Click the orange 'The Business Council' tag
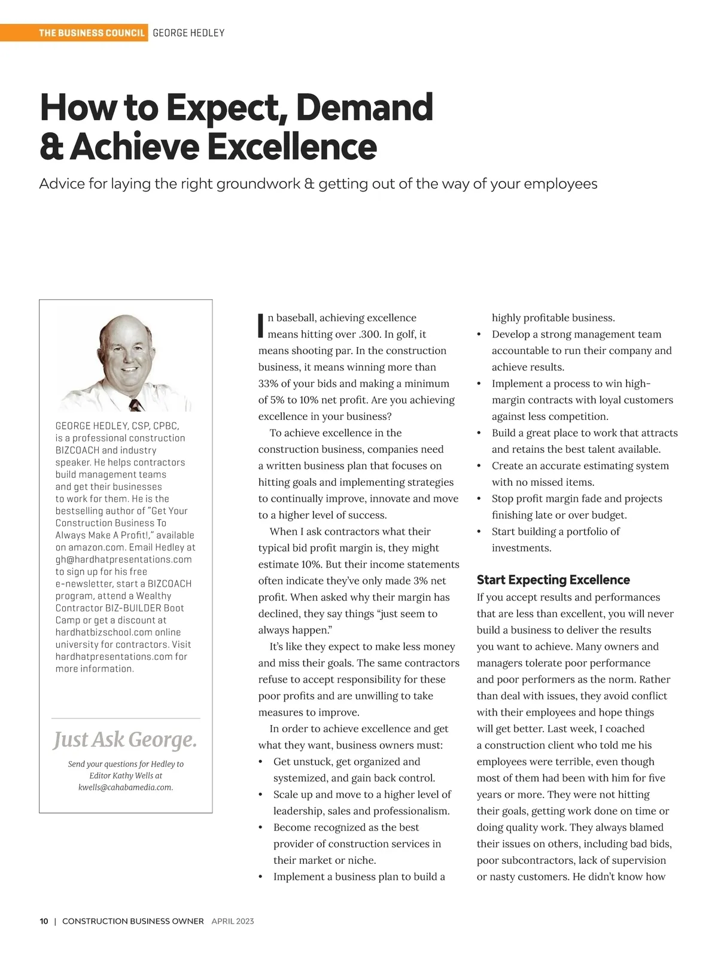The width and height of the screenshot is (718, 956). coord(92,33)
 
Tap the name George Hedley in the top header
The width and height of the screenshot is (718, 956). coord(188,33)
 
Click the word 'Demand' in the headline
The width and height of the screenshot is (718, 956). coord(364,108)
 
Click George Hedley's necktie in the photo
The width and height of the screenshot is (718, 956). coord(136,404)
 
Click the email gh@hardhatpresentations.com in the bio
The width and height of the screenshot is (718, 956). coord(123,559)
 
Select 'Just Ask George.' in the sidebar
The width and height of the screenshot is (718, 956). coord(125,740)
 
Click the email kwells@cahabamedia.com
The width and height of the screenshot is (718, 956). coord(125,787)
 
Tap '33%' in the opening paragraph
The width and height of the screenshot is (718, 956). coord(270,383)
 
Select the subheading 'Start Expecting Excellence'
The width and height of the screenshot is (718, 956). coord(553,580)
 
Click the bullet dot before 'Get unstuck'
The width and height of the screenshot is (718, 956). coord(260,762)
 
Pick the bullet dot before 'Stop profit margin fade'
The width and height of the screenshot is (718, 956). coord(479,499)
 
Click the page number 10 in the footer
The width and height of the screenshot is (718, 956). coord(44,921)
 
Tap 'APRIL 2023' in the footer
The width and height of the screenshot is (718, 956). coord(233,921)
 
